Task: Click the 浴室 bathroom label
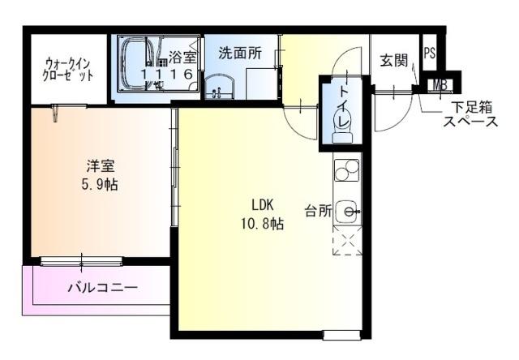182,57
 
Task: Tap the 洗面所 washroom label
240,54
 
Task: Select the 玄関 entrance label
393,59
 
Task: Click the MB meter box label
439,84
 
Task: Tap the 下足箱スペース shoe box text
470,114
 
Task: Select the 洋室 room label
101,167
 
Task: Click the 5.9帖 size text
101,184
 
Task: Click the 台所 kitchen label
318,211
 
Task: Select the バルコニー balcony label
102,288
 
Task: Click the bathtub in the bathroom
135,63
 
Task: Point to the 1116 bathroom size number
167,74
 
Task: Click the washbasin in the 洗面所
217,88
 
